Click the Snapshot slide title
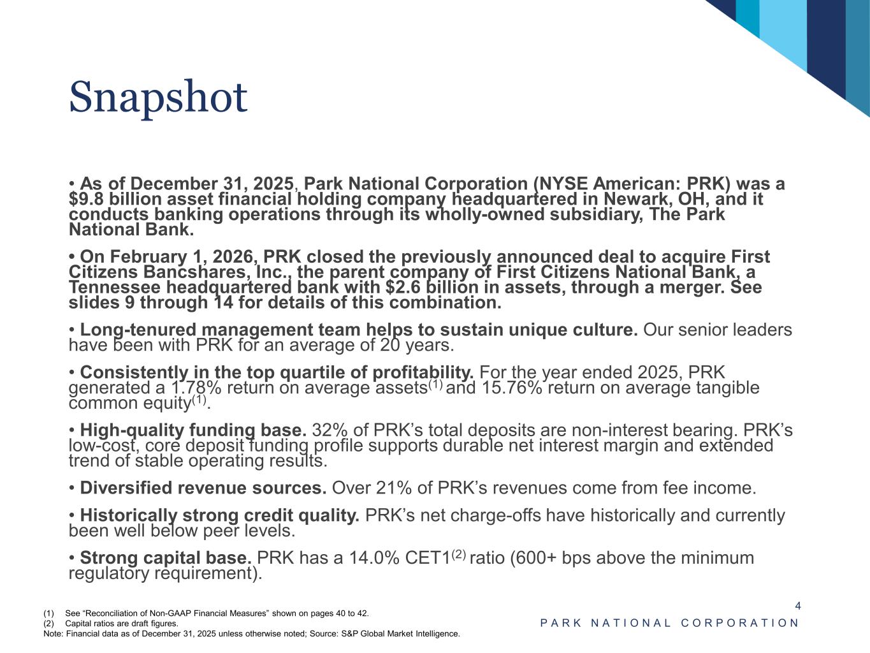(x=157, y=98)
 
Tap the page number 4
(x=797, y=606)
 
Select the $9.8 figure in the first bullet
(x=85, y=199)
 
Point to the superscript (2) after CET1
(x=459, y=555)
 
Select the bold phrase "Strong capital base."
(x=166, y=559)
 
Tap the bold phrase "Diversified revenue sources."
(x=203, y=488)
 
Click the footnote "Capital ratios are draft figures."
(x=122, y=624)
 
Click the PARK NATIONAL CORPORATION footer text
(x=669, y=623)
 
